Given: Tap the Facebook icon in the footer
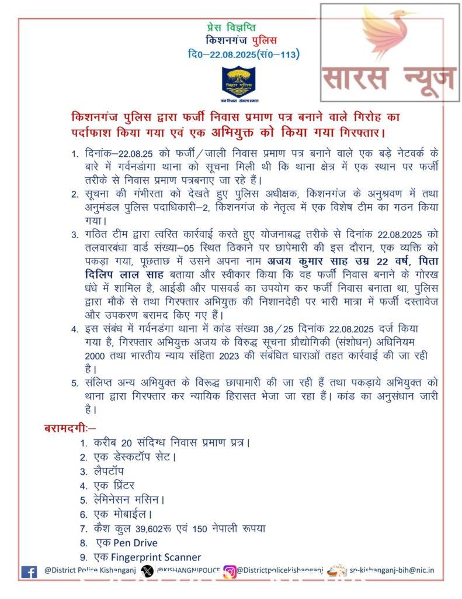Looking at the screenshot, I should click(x=29, y=572).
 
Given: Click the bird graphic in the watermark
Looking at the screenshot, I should click(x=388, y=36).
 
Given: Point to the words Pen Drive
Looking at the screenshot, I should click(x=136, y=543).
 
